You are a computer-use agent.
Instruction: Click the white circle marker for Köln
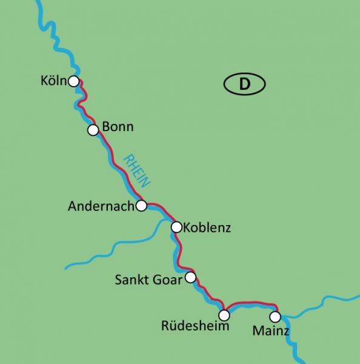(73, 81)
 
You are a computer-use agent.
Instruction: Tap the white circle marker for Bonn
(93, 130)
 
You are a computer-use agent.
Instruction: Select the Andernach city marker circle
(141, 206)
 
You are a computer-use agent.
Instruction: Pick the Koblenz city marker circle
(176, 227)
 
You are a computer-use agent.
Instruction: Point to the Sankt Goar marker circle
(190, 278)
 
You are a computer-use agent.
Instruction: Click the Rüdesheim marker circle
(224, 315)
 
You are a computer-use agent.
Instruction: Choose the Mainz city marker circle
(275, 317)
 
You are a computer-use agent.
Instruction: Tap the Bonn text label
(118, 127)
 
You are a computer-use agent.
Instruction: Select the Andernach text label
(100, 206)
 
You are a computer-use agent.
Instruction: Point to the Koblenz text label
(207, 229)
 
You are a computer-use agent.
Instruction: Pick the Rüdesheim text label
(195, 326)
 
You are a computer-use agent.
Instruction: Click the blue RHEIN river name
(136, 170)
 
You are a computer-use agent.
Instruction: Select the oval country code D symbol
(244, 84)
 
